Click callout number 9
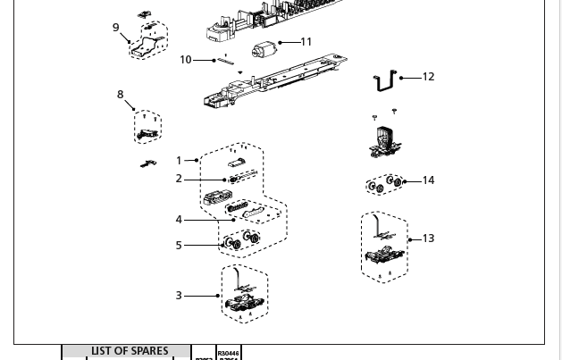[x=115, y=28]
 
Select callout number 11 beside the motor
[x=306, y=42]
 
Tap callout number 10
[x=185, y=60]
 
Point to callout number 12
[x=428, y=77]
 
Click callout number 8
[x=120, y=95]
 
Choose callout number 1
[x=179, y=161]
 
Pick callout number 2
[x=179, y=179]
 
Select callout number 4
[x=179, y=220]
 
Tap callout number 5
[x=179, y=245]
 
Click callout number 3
[x=179, y=296]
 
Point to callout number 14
[x=428, y=180]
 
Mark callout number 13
[x=428, y=239]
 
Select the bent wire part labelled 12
[x=386, y=81]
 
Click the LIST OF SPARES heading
[x=129, y=352]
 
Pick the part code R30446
[x=229, y=354]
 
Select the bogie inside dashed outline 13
[x=384, y=255]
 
